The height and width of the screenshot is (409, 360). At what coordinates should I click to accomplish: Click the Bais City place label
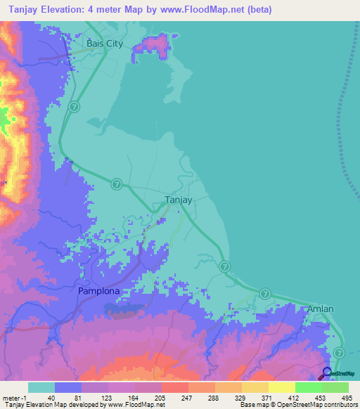click(x=104, y=44)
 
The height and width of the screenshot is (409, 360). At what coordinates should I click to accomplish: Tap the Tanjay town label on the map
click(x=178, y=200)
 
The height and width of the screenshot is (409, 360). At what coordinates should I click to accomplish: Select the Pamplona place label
click(x=98, y=290)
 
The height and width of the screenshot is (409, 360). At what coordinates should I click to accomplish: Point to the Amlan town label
click(x=320, y=309)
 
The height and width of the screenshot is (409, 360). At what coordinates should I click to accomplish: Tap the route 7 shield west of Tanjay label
click(x=117, y=183)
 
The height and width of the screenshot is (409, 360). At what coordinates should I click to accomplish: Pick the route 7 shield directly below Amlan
click(x=340, y=351)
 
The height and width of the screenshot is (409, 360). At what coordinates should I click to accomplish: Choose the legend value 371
click(x=264, y=397)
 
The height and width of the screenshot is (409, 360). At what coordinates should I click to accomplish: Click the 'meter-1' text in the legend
click(x=13, y=397)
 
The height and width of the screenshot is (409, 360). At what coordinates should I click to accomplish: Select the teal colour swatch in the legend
click(x=41, y=387)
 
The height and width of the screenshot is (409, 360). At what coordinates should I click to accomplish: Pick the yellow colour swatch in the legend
click(x=281, y=387)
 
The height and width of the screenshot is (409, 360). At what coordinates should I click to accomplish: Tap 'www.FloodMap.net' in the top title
click(x=202, y=10)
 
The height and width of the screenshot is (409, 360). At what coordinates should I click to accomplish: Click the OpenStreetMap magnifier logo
click(x=328, y=372)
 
